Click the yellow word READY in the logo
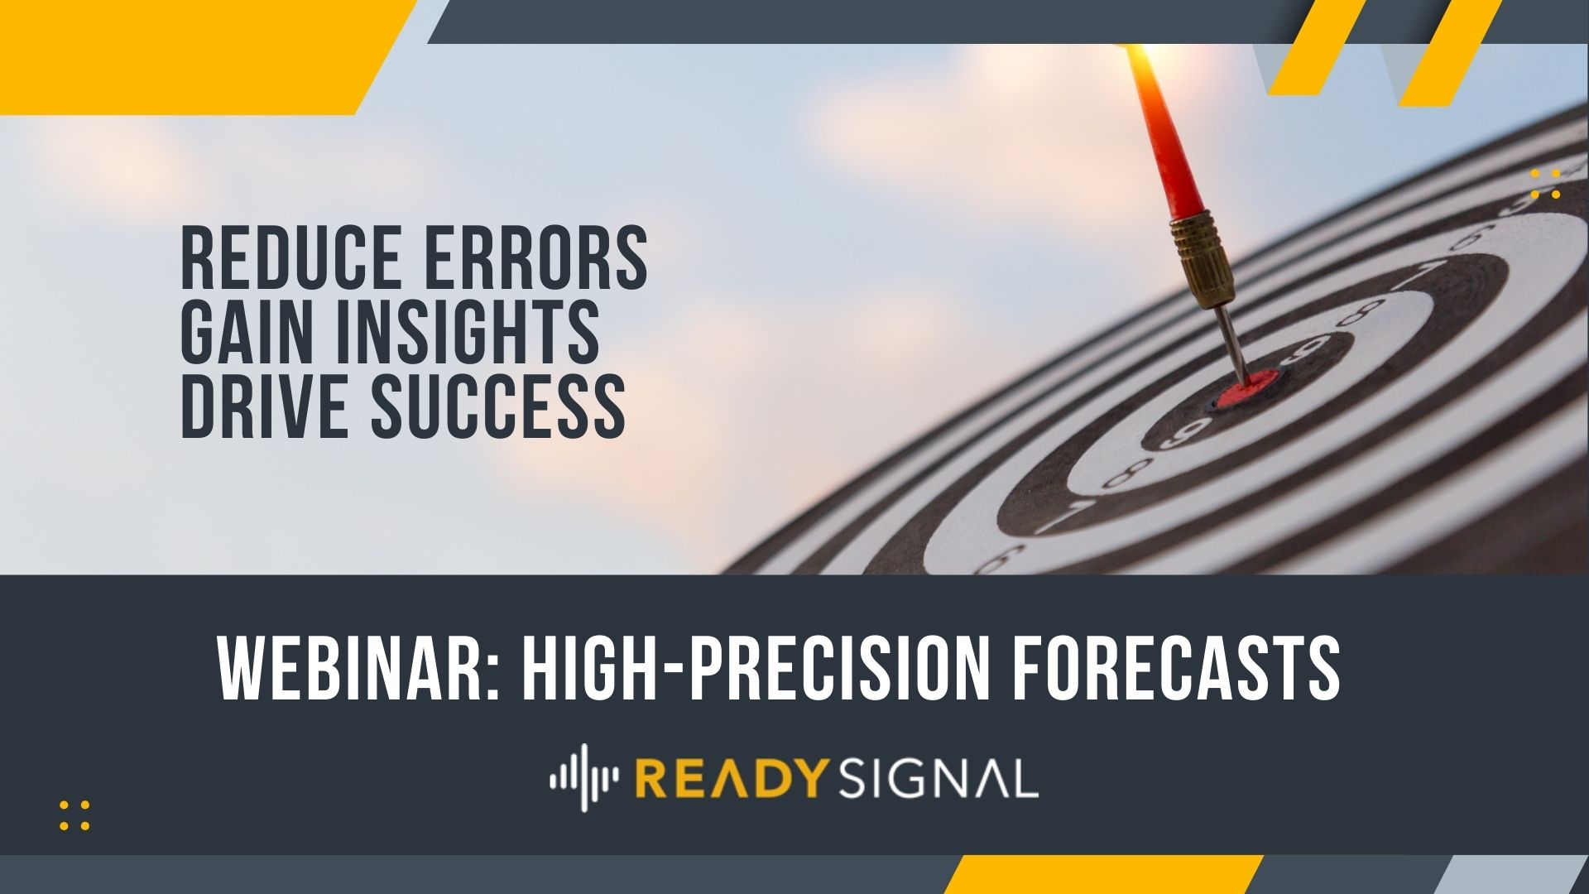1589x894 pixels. click(732, 779)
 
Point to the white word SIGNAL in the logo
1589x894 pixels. click(939, 779)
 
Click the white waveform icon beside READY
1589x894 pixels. click(584, 777)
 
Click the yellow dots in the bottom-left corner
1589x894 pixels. click(74, 815)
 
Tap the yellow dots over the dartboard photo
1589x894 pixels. click(1545, 184)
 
